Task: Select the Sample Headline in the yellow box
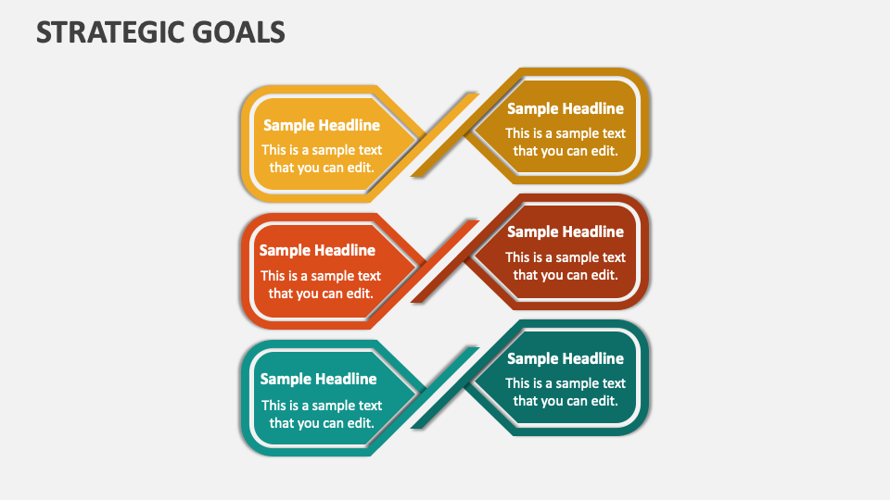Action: (321, 126)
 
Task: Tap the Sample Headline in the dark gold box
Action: (565, 108)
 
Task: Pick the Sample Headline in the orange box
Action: (317, 250)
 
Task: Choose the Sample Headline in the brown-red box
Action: (565, 231)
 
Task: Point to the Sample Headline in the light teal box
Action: (318, 379)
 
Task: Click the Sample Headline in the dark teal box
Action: (565, 358)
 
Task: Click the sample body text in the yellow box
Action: (321, 158)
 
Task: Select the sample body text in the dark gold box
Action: (565, 142)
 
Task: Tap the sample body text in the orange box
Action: (320, 284)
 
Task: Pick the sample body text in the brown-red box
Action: (565, 266)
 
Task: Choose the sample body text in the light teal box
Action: (321, 414)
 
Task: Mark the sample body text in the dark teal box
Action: (565, 392)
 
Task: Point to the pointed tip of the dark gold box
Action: (469, 132)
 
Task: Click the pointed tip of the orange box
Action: (422, 261)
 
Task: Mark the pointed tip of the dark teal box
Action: (469, 381)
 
